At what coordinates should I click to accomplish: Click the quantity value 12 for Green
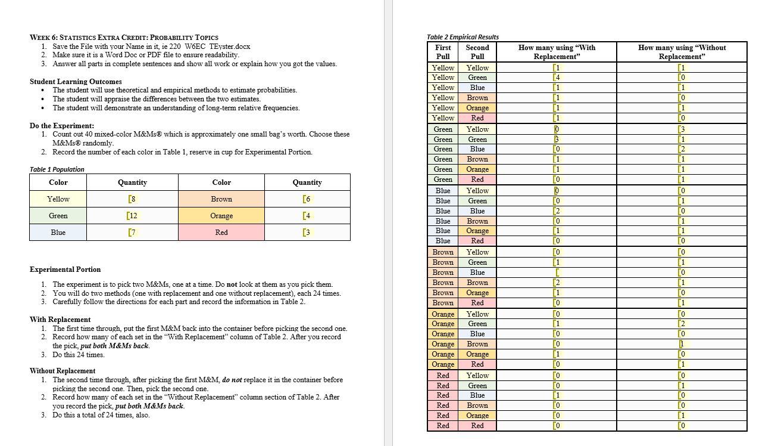133,216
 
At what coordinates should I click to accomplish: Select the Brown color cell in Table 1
221,199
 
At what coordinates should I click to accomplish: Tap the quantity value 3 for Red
307,233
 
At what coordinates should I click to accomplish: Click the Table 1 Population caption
57,169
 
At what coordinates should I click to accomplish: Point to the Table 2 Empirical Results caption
463,37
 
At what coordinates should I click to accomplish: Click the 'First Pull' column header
443,52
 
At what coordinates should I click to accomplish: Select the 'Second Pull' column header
477,52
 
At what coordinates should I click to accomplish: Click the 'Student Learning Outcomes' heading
76,82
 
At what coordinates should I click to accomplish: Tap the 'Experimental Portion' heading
65,270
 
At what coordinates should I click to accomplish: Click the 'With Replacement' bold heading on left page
60,320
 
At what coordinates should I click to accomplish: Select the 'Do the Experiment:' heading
62,126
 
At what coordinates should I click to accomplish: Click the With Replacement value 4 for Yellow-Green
557,78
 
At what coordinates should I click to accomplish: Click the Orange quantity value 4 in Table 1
307,216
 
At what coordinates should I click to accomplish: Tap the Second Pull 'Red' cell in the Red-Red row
477,426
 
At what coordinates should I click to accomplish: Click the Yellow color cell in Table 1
58,199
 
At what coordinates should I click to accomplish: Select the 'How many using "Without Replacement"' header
682,52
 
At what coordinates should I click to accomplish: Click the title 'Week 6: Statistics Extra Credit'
124,38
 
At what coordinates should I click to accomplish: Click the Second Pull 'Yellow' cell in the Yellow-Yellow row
477,68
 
